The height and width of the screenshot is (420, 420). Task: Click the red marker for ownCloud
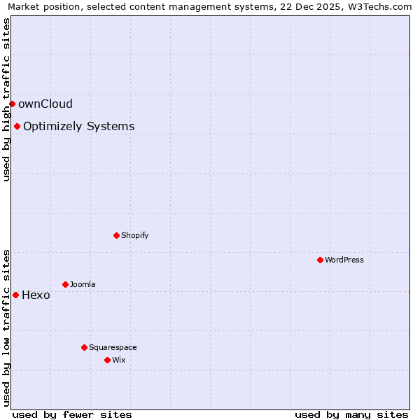[12, 104]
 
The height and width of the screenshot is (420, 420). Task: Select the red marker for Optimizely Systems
[17, 126]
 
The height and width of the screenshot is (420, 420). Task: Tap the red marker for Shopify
[116, 235]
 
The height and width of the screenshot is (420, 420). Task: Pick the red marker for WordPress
[320, 260]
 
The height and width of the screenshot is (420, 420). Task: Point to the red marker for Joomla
[65, 284]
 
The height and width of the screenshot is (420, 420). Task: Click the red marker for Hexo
[15, 295]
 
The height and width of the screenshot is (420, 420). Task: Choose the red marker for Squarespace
[84, 347]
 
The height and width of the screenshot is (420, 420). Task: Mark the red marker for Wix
[107, 360]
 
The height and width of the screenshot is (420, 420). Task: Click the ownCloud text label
[45, 104]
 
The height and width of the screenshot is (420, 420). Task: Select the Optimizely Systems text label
[79, 127]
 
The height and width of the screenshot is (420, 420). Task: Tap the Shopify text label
[135, 236]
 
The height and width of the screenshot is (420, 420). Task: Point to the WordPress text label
[344, 260]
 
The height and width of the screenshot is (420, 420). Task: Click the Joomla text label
[83, 285]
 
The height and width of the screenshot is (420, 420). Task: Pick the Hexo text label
[36, 295]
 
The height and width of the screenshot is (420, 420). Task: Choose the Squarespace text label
[113, 348]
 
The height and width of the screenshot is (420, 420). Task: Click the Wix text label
[118, 360]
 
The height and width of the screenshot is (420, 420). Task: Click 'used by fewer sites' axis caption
[72, 414]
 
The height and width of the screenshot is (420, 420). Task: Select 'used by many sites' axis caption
[351, 414]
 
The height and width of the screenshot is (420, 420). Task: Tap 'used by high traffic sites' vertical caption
[6, 99]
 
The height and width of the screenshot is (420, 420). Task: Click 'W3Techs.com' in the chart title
[383, 7]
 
